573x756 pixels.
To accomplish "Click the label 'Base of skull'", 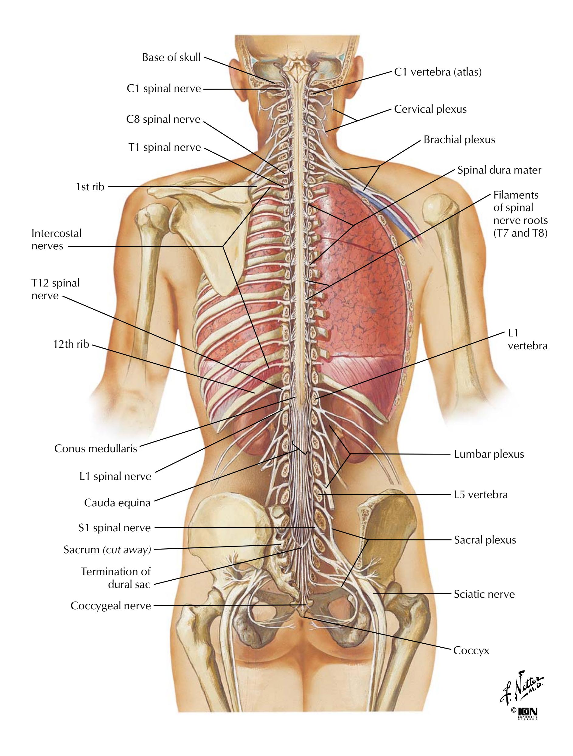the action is (x=171, y=58).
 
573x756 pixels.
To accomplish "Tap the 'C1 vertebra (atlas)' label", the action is (x=438, y=72).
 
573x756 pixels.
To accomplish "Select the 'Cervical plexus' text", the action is (x=430, y=109).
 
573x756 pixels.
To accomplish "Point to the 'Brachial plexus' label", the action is (x=459, y=140).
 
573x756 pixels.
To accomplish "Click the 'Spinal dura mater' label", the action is (x=499, y=170).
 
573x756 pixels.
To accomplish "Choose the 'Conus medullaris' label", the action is (x=95, y=448).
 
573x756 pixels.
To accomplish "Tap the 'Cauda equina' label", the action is (x=117, y=503).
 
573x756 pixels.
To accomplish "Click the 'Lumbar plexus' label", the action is (x=489, y=454).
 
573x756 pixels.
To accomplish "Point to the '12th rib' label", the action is (x=71, y=344).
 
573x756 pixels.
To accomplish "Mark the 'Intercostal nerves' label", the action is (x=56, y=240).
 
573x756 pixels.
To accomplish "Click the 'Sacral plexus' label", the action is (x=485, y=540).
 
